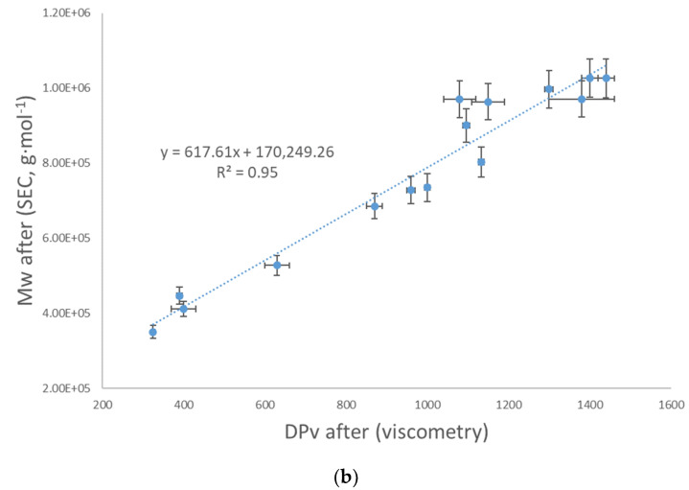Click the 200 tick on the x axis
tap(103, 405)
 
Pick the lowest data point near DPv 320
tap(152, 332)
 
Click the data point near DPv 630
tap(277, 265)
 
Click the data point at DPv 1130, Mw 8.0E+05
tap(481, 162)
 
